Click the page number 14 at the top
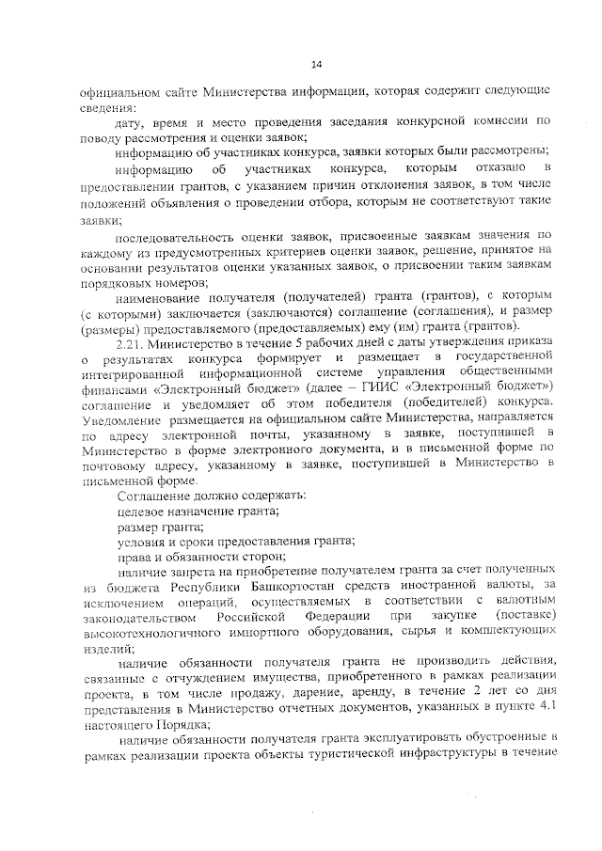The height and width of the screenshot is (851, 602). pyautogui.click(x=317, y=64)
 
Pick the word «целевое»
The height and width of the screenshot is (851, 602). pyautogui.click(x=140, y=510)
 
